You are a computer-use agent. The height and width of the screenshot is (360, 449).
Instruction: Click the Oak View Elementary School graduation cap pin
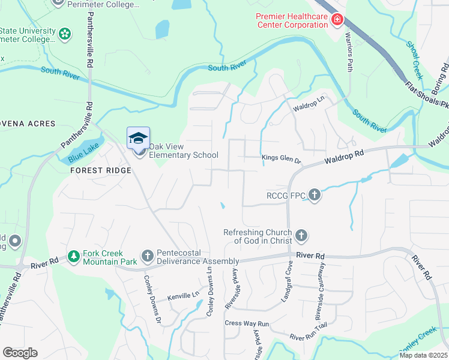click(x=139, y=139)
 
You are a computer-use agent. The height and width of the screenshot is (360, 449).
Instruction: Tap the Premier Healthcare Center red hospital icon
click(x=337, y=21)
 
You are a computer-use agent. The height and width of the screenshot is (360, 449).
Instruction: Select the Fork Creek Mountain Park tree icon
click(x=74, y=257)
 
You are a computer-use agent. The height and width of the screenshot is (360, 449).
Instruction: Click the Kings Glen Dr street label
click(x=281, y=158)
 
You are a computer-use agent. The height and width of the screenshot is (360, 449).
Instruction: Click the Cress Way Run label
click(x=247, y=323)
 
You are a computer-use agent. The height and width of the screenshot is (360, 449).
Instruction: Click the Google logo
click(x=20, y=353)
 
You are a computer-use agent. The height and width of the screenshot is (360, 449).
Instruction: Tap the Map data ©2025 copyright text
click(x=423, y=355)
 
